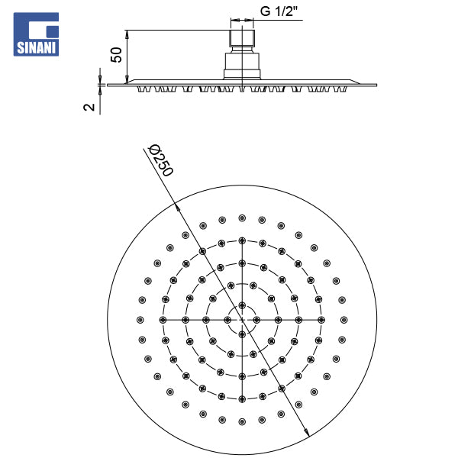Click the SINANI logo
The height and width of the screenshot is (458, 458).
(x=36, y=34)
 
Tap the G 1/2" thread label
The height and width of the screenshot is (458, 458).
(x=279, y=11)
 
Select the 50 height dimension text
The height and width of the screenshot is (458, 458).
(x=116, y=55)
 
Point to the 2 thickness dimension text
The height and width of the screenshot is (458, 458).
(x=89, y=107)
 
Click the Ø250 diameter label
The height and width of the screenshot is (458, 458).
(x=161, y=160)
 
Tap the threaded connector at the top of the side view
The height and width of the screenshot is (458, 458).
(x=242, y=38)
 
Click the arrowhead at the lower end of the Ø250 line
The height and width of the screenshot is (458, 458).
(x=307, y=432)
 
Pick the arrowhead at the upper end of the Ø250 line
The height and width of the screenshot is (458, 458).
(x=177, y=206)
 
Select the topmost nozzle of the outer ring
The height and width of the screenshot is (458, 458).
(x=242, y=218)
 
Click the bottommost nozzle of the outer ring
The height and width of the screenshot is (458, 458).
(x=242, y=421)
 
